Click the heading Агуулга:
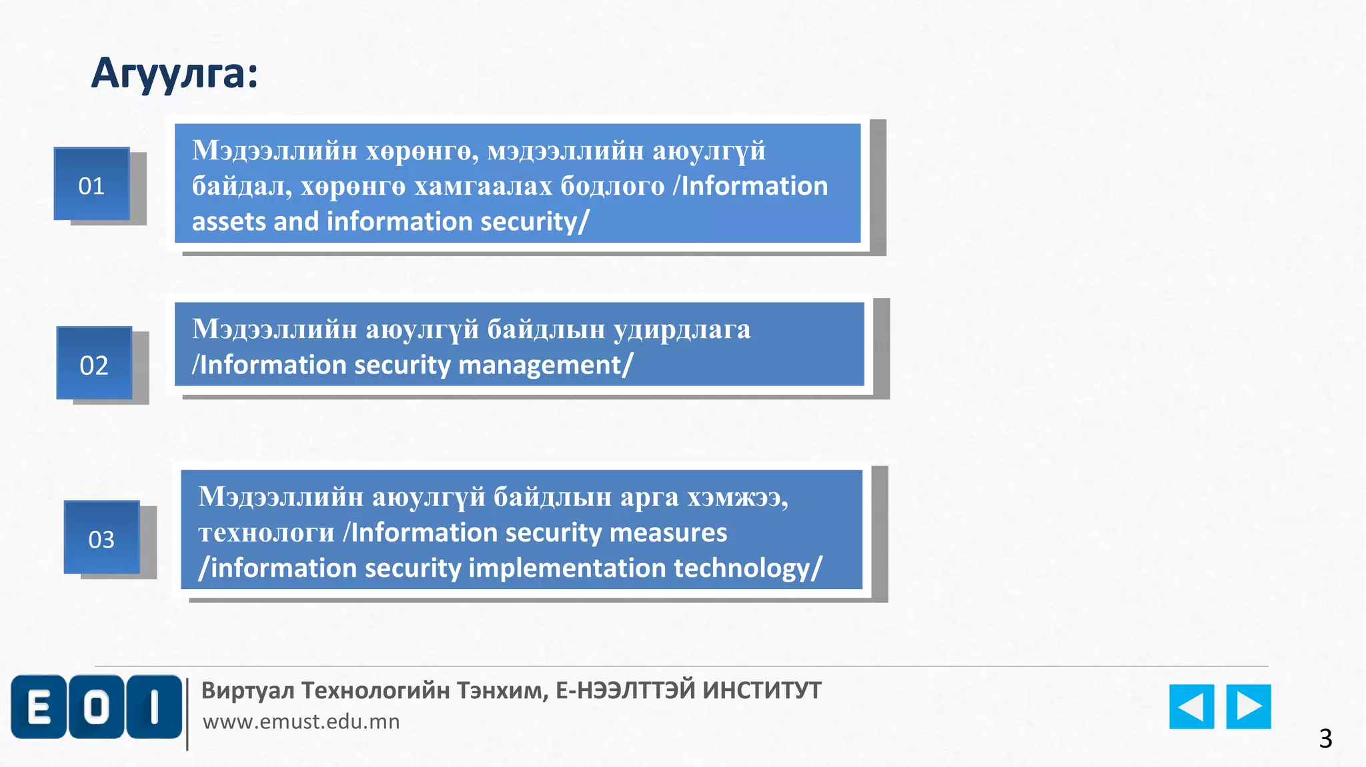pos(175,73)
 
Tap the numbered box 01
pos(92,185)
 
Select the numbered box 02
pos(94,364)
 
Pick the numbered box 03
pos(101,538)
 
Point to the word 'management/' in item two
pos(546,365)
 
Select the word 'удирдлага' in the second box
pos(682,329)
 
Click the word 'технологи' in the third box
pos(266,532)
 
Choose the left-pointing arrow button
pos(1191,706)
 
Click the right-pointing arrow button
pos(1249,706)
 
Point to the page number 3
pos(1325,738)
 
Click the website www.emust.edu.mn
pos(301,722)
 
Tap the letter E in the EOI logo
pos(39,707)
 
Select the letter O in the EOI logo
pos(97,707)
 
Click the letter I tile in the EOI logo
pos(154,707)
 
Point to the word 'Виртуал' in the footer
pos(247,690)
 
